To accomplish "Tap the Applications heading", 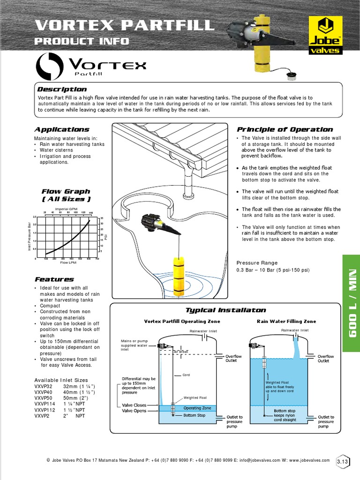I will [61, 129].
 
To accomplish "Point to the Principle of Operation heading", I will [285, 129].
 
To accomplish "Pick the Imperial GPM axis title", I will [66, 209].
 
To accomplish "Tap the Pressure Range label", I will [257, 263].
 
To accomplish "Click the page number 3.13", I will [342, 462].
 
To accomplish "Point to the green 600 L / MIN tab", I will [351, 303].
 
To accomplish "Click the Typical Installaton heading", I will [225, 310].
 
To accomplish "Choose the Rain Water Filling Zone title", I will [286, 322].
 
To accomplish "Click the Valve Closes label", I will [134, 405].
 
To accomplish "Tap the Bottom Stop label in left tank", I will [194, 415].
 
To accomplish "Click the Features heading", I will [54, 279].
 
